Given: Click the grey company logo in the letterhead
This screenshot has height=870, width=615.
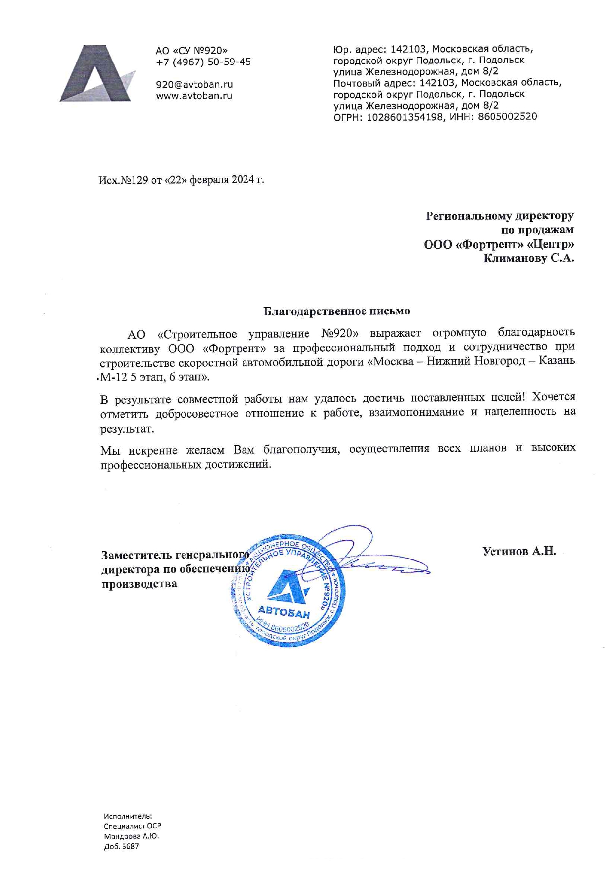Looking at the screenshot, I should pos(97,74).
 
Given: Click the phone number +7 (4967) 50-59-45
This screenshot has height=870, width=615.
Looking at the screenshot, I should pos(203,62).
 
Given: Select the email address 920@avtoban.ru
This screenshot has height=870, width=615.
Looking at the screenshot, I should pos(194,85).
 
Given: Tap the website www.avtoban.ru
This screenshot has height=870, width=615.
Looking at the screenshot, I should pos(194,96).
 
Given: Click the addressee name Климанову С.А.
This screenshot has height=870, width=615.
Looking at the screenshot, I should pos(528,258).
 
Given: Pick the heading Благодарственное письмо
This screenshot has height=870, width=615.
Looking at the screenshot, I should pos(336,311).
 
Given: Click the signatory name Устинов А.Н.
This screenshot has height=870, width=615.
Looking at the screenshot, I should pos(519,551).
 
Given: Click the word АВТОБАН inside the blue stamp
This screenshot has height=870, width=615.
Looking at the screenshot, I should pos(284,612).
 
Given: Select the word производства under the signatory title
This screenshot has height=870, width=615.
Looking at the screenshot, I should pos(139,584).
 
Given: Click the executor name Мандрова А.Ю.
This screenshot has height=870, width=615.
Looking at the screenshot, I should pos(131,836).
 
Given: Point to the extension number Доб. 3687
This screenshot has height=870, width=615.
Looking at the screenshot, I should pos(122,846).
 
